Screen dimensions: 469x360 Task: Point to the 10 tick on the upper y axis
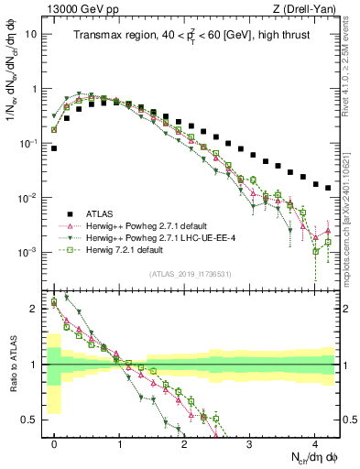30,34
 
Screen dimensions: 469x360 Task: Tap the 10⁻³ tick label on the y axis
27,252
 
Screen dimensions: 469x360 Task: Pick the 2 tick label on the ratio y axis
32,309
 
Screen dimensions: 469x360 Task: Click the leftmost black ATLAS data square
55,147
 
